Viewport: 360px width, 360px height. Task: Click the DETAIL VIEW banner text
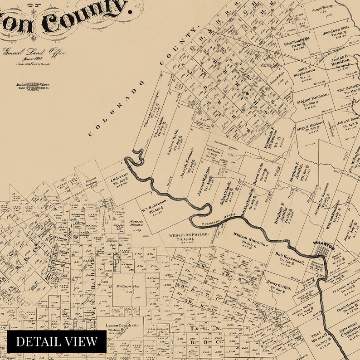point(57,341)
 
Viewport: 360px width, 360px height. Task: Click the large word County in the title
point(84,18)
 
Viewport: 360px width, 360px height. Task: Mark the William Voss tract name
point(126,286)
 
